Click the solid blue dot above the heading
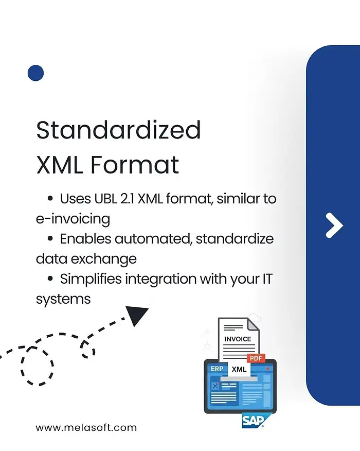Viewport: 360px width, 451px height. tap(35, 73)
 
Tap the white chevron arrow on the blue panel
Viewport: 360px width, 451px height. tap(334, 225)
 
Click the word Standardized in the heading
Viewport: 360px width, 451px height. tap(118, 130)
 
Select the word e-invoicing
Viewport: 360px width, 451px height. tap(73, 219)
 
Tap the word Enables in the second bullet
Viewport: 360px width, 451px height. tap(85, 239)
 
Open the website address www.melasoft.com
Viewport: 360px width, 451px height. tap(86, 427)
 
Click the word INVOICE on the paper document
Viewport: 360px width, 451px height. tap(238, 339)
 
